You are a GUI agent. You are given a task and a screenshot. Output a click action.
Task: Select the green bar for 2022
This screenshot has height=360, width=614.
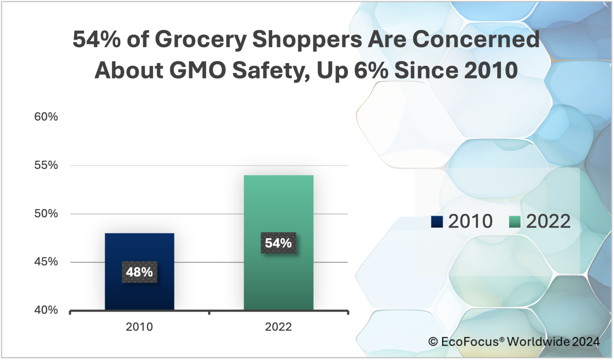(x=279, y=206)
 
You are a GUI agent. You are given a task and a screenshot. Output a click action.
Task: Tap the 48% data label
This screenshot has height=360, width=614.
(x=139, y=272)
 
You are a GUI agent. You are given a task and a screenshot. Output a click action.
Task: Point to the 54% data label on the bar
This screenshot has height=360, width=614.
(x=279, y=243)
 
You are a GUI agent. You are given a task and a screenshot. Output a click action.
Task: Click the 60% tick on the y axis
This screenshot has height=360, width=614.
(x=46, y=117)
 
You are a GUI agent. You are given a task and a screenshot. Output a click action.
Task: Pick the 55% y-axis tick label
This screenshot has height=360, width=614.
(x=46, y=165)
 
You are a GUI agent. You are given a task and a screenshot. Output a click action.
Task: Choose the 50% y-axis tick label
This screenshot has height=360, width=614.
(x=46, y=213)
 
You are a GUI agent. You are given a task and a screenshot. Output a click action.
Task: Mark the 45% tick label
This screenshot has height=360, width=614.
(x=46, y=262)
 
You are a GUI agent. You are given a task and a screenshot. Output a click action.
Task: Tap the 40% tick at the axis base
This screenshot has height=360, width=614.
(x=46, y=310)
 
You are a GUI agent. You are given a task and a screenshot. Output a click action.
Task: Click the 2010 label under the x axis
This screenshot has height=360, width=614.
(x=139, y=327)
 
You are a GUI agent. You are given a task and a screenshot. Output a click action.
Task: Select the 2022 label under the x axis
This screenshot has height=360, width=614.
(x=279, y=327)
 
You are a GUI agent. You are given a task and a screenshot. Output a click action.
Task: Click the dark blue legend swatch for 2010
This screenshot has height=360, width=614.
(x=437, y=222)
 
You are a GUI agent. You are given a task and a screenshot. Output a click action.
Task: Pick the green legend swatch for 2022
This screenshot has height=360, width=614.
(x=515, y=222)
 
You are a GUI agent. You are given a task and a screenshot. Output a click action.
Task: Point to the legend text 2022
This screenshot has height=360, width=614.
(x=548, y=222)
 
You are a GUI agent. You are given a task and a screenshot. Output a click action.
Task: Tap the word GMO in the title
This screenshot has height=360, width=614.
(x=198, y=70)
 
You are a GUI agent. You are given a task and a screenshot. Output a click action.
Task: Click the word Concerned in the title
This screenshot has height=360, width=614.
(x=476, y=40)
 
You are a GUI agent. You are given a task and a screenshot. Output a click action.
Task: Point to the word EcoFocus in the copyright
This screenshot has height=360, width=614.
(x=470, y=342)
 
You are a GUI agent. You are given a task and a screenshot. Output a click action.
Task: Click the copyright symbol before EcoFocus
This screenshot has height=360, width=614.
(x=433, y=342)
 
